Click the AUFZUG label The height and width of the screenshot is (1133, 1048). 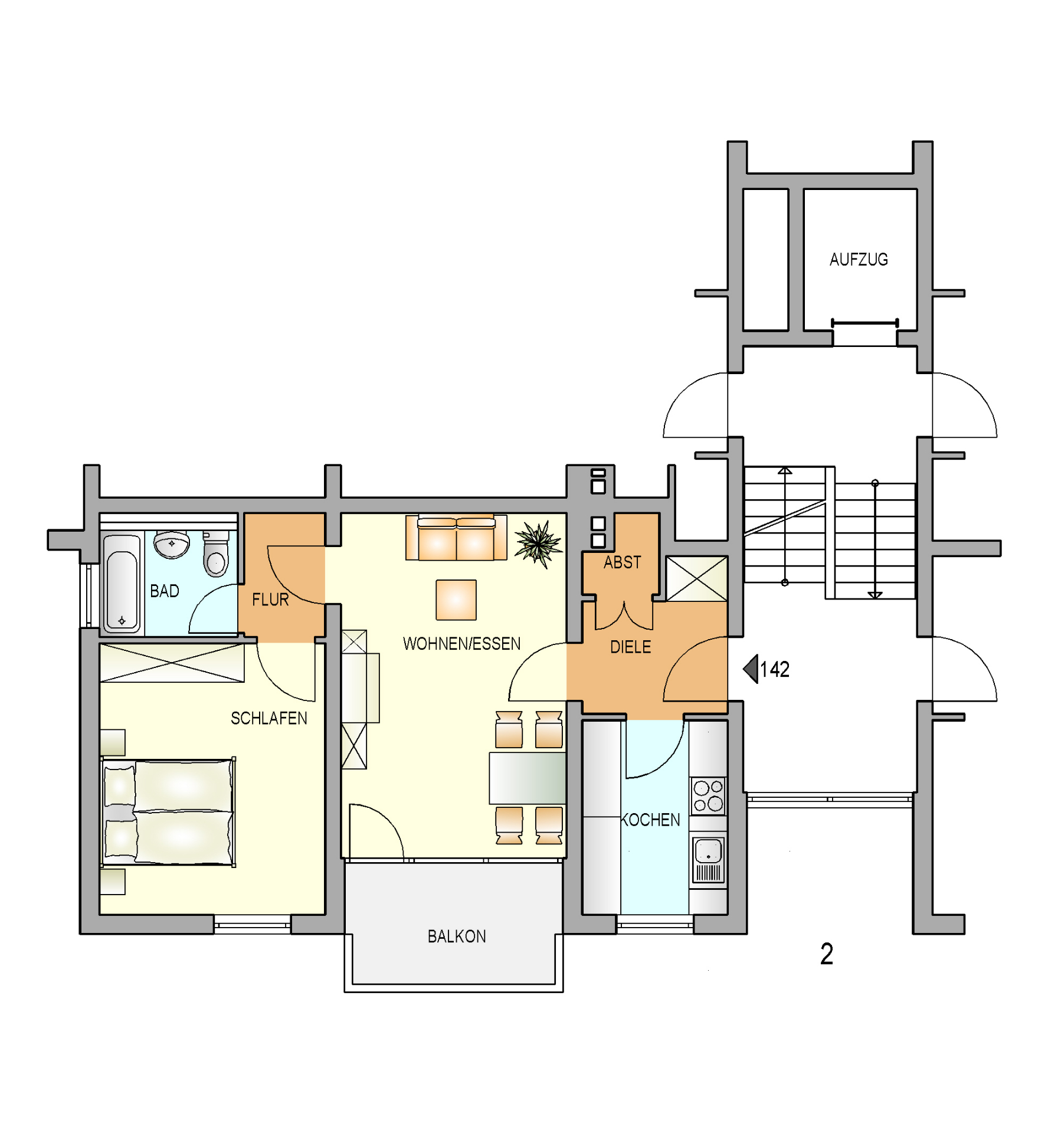pos(858,260)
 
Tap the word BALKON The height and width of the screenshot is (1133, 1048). pos(457,936)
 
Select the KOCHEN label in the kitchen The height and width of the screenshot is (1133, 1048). pos(650,820)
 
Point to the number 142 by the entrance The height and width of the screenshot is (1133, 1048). pos(775,669)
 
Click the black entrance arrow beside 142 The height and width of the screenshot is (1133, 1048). pos(751,669)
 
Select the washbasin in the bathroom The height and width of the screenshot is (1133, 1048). pos(172,544)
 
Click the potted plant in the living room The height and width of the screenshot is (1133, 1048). pos(538,543)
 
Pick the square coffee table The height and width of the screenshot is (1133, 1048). pos(456,600)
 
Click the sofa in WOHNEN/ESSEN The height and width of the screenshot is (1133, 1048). pos(456,538)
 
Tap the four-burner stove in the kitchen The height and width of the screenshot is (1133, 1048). pos(708,795)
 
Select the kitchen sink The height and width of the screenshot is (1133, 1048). pos(708,859)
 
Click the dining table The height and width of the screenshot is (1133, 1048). pos(528,778)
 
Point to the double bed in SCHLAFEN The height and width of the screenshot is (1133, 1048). pos(169,813)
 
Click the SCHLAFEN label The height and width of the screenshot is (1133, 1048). pos(269,718)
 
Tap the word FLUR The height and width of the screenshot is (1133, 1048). pos(270,600)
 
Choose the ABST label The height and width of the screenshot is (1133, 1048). pos(622,562)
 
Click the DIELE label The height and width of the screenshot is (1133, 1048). pos(630,647)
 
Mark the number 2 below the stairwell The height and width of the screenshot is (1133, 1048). pos(827,954)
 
